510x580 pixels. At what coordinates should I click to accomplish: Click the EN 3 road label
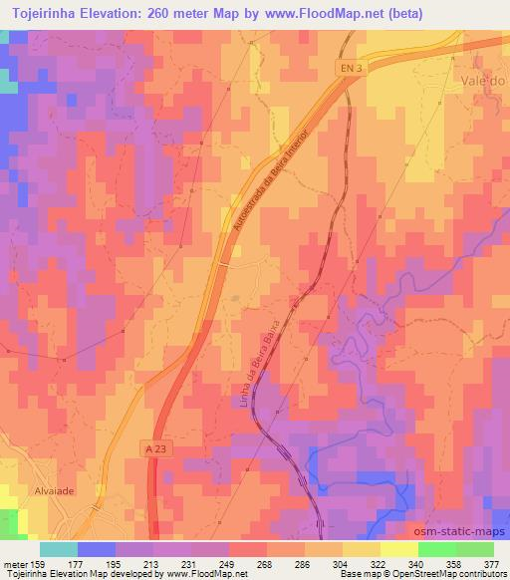[345, 66]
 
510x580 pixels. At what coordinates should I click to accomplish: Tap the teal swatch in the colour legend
[58, 549]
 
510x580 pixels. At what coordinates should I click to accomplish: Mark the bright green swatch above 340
[437, 549]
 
